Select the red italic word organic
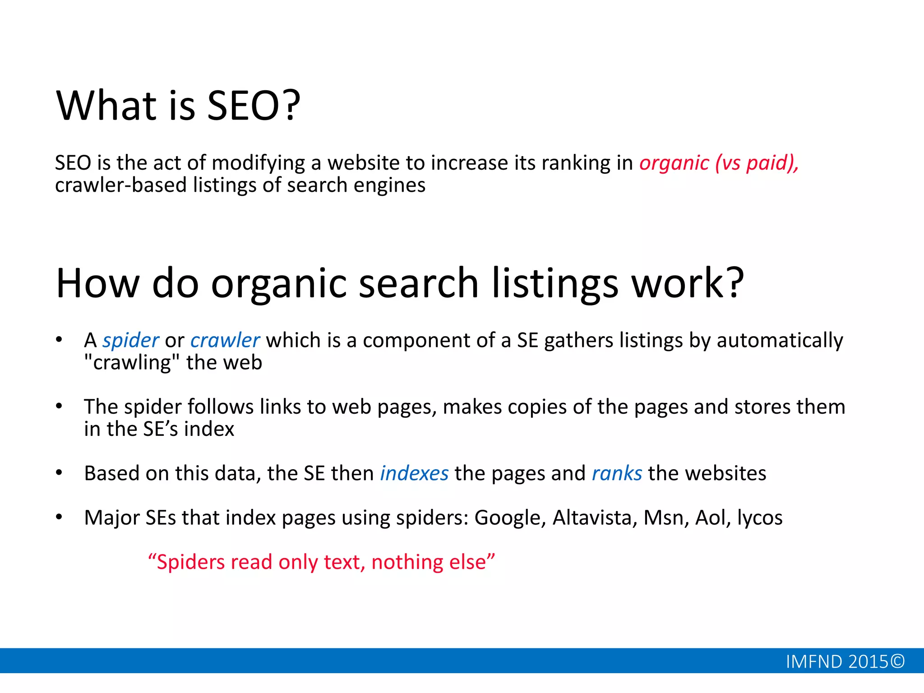pyautogui.click(x=674, y=163)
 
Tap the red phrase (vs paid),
pyautogui.click(x=757, y=163)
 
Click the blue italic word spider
pyautogui.click(x=130, y=341)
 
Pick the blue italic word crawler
pyautogui.click(x=225, y=341)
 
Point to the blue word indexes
pyautogui.click(x=414, y=474)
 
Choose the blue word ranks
pyautogui.click(x=617, y=474)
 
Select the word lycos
pyautogui.click(x=760, y=518)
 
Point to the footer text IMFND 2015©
pyautogui.click(x=845, y=662)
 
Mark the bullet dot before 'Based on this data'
pyautogui.click(x=59, y=473)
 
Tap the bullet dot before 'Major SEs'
pyautogui.click(x=59, y=517)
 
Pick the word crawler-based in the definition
pyautogui.click(x=120, y=185)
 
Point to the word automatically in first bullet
pyautogui.click(x=780, y=341)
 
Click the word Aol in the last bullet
pyautogui.click(x=712, y=518)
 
